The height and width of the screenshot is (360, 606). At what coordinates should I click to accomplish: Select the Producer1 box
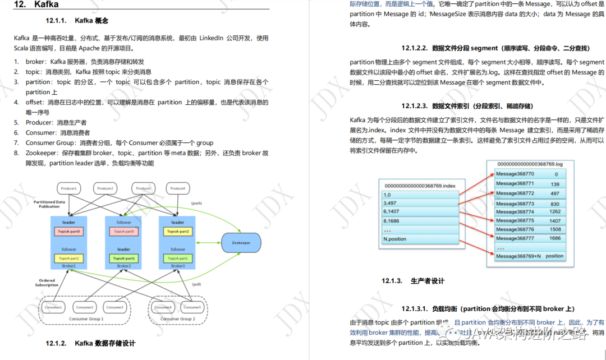point(70,188)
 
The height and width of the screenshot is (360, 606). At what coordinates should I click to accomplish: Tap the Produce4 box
point(177,188)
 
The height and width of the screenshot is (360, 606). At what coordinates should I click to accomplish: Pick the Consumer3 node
point(114,307)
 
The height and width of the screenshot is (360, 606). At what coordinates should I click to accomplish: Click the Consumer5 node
point(192,307)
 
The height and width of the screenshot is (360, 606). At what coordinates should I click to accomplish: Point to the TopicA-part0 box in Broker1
point(68,231)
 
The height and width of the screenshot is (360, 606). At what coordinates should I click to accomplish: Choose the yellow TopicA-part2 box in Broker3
point(177,231)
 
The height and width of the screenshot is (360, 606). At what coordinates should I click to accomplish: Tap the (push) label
point(196,203)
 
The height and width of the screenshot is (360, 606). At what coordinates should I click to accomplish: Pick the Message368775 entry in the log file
point(515,220)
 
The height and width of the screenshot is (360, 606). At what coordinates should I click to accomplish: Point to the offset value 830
point(554,204)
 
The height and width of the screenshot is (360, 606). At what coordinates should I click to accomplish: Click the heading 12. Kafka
point(35,4)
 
